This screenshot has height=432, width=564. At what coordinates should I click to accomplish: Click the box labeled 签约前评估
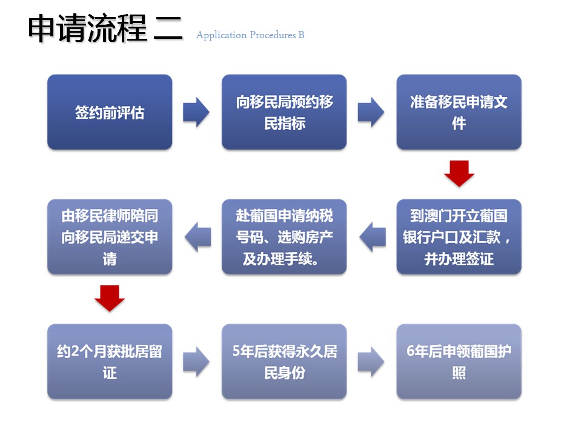(110, 112)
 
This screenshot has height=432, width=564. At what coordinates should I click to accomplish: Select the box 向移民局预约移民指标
(284, 112)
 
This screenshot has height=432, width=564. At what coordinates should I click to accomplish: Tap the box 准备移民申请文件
(459, 112)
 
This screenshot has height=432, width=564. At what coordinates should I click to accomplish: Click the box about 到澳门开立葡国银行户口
(459, 237)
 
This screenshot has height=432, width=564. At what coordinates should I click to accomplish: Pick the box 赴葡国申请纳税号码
(284, 237)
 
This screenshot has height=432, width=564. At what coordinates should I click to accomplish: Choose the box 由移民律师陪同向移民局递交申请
(110, 237)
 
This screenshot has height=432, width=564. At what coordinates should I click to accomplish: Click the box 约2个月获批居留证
(110, 362)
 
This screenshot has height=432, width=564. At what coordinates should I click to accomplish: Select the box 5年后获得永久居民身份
(284, 362)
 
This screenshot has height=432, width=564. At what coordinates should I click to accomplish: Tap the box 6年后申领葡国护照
(459, 362)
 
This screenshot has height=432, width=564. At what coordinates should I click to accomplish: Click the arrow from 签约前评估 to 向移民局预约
(196, 112)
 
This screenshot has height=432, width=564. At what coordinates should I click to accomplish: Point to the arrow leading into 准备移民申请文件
(371, 112)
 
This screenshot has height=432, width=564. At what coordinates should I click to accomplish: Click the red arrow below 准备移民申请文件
(459, 174)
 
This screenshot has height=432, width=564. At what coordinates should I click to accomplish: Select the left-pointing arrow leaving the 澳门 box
(373, 237)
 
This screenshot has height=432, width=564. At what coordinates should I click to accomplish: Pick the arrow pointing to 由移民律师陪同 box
(198, 237)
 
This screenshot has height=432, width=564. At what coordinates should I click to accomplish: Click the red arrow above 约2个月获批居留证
(110, 298)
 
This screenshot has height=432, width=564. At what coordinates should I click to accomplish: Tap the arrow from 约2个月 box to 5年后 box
(196, 362)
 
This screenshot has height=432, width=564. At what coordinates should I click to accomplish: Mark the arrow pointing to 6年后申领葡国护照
(371, 362)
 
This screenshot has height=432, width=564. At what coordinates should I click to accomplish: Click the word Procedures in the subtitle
(273, 35)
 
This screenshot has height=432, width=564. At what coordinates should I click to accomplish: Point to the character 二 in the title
(168, 28)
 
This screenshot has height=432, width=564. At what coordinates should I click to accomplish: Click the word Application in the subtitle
(222, 35)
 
